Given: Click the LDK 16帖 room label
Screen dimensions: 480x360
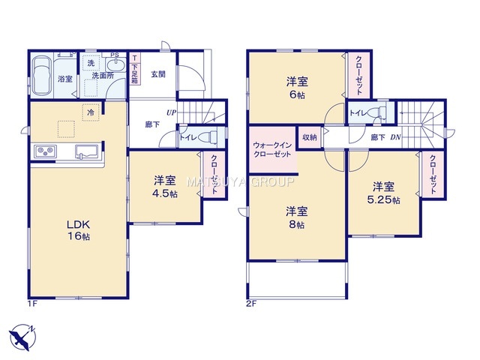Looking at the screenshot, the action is pyautogui.click(x=78, y=230).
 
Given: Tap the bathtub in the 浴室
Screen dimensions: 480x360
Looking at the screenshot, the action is pyautogui.click(x=42, y=75).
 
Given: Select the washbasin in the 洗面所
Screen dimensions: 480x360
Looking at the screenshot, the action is pyautogui.click(x=115, y=65).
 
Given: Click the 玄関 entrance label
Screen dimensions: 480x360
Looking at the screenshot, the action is pyautogui.click(x=158, y=74).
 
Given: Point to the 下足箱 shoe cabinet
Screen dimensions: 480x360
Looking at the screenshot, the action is pyautogui.click(x=135, y=69).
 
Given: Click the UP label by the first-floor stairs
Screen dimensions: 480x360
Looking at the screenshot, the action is pyautogui.click(x=171, y=112).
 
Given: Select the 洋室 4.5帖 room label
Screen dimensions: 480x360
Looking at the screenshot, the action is pyautogui.click(x=165, y=187).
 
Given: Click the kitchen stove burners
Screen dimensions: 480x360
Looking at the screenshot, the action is pyautogui.click(x=46, y=151).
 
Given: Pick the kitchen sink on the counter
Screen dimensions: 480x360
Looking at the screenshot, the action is pyautogui.click(x=87, y=151).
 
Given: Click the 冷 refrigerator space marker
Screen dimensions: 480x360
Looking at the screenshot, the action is pyautogui.click(x=91, y=112).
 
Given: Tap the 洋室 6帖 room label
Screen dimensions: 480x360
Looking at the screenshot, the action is pyautogui.click(x=297, y=88).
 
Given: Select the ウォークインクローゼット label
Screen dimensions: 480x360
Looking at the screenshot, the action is pyautogui.click(x=271, y=150).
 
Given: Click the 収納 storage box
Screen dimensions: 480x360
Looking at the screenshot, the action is pyautogui.click(x=310, y=137).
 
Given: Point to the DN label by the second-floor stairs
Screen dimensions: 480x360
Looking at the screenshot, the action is pyautogui.click(x=395, y=137).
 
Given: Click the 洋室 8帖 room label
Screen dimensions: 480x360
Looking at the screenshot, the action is pyautogui.click(x=296, y=218).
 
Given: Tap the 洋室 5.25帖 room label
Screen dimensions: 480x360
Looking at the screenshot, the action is pyautogui.click(x=383, y=193).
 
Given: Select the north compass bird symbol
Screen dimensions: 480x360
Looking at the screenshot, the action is pyautogui.click(x=22, y=337).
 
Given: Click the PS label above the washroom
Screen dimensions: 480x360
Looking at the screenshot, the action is pyautogui.click(x=115, y=55).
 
